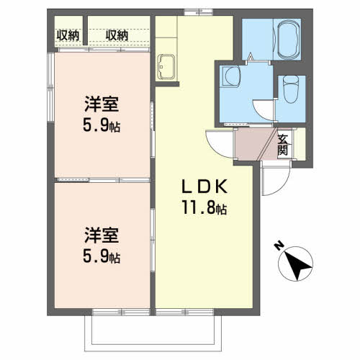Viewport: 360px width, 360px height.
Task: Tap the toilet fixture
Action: [291, 89]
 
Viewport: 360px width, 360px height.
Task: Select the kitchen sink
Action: [166, 66]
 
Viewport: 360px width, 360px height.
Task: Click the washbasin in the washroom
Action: [231, 76]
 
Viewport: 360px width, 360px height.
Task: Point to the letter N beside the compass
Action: [279, 246]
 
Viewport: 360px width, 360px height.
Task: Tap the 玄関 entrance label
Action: [282, 145]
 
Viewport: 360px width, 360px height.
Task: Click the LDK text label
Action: [204, 186]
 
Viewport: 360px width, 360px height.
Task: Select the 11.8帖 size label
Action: [204, 207]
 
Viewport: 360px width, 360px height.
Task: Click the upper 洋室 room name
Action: [102, 104]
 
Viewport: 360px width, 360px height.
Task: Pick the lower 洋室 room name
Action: [102, 235]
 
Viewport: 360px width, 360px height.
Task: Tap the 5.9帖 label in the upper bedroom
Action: [102, 125]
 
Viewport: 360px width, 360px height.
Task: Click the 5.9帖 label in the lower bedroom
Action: [102, 256]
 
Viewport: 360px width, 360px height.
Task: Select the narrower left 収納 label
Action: [68, 35]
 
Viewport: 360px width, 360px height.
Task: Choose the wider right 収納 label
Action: [117, 35]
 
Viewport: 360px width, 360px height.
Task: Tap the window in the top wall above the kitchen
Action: [198, 12]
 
